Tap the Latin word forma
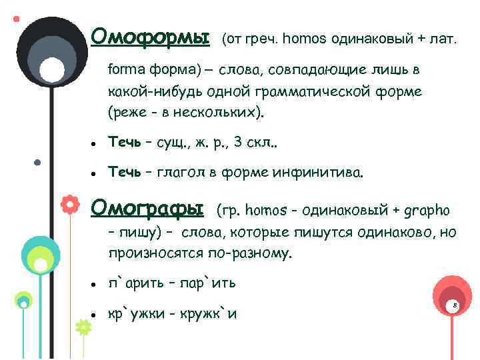(x=123, y=69)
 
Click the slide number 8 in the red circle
(x=454, y=304)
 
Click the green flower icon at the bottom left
(x=83, y=327)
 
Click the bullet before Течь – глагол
(x=96, y=175)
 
